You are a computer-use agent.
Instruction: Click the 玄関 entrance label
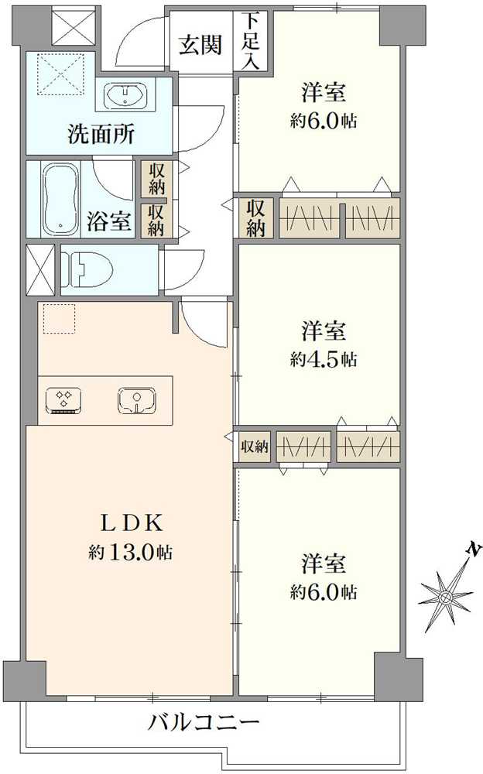pos(200,45)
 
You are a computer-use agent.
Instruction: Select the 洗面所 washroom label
pos(101,134)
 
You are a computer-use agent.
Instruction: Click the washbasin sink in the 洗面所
pos(125,96)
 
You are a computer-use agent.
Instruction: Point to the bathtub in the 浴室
pos(58,200)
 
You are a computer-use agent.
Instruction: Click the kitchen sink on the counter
pos(135,401)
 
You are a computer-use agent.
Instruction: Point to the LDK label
pos(131,523)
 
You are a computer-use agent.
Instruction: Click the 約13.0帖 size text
pos(130,553)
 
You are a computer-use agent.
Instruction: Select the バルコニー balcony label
pos(204,724)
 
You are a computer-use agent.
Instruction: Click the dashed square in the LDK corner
pos(59,319)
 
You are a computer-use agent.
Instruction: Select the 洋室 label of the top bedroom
pos(324,93)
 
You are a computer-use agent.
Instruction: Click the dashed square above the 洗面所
pos(61,74)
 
